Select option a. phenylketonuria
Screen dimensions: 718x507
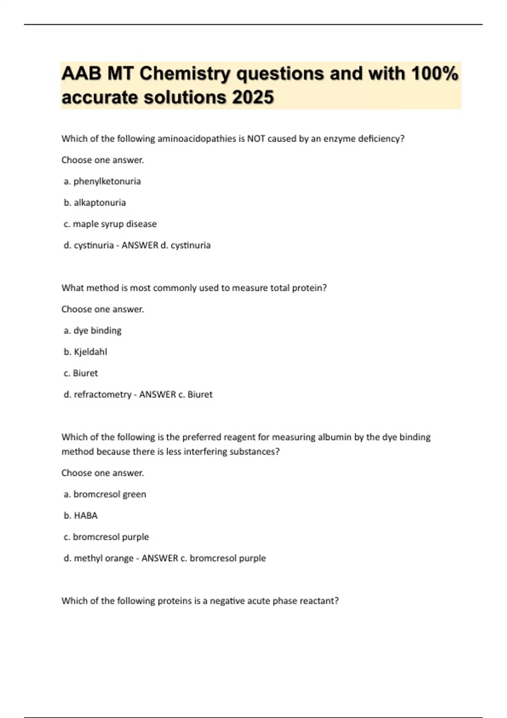pos(102,182)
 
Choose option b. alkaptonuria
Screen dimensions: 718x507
pos(95,203)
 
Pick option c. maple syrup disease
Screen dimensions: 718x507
pos(110,224)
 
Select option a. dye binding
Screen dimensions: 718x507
pos(93,331)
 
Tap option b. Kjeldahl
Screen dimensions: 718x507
pos(85,352)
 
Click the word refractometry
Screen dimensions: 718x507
pos(102,394)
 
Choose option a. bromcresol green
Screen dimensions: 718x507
pos(105,494)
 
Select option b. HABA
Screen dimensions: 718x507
pos(81,516)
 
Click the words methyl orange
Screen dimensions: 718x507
pos(104,558)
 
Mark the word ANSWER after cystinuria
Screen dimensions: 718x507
pos(140,245)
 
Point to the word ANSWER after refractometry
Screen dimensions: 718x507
pos(158,394)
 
